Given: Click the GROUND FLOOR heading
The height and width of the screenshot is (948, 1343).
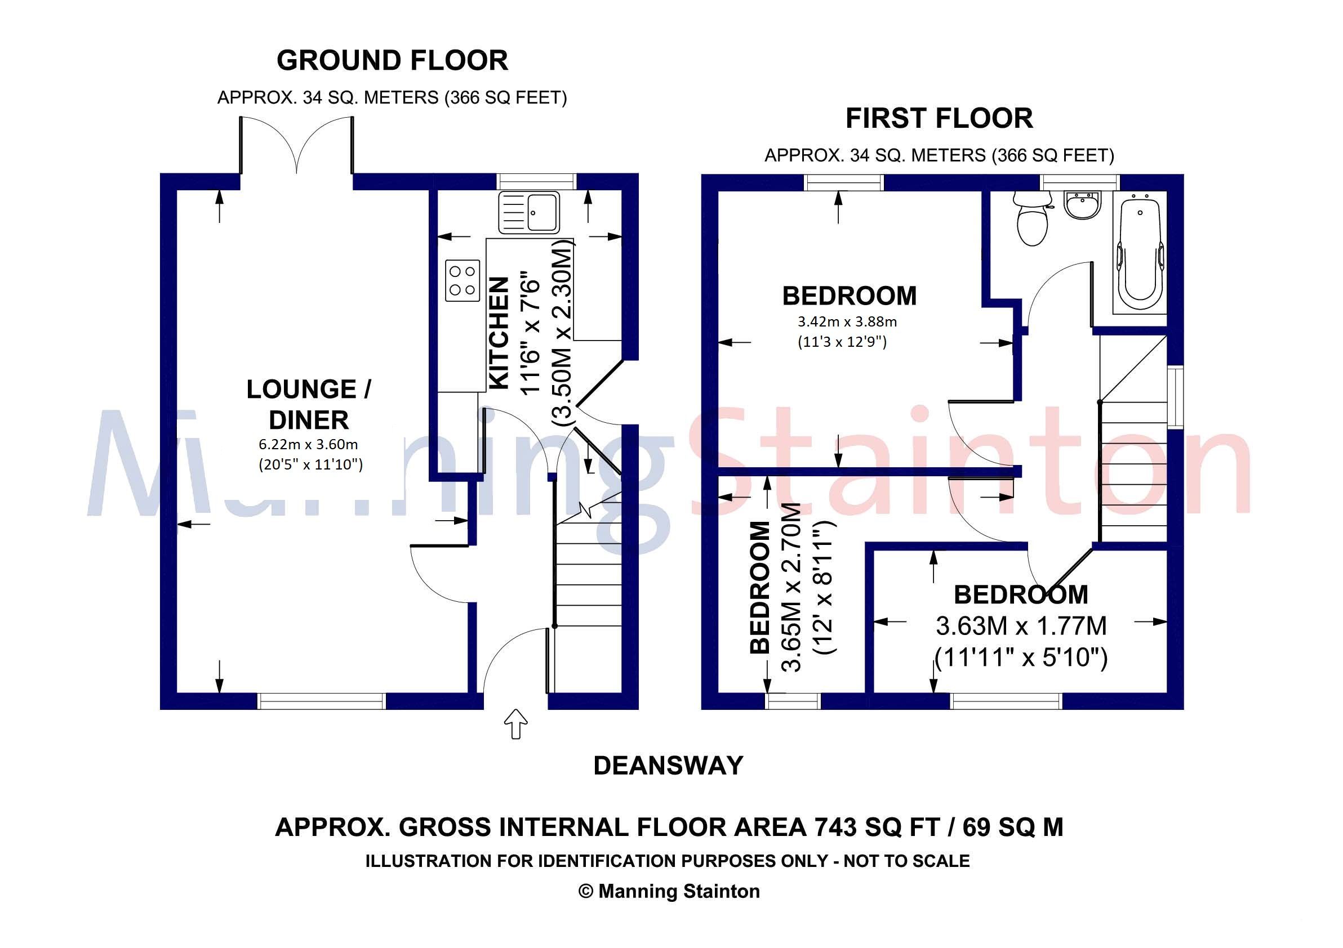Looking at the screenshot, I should coord(392,61).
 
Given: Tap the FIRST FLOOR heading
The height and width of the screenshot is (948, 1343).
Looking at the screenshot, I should coord(939,119).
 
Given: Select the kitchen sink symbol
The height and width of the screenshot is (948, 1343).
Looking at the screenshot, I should coord(529,213).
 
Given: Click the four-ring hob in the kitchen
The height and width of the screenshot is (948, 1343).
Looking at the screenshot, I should coord(462,280).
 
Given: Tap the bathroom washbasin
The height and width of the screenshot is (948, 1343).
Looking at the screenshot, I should coord(1083,205).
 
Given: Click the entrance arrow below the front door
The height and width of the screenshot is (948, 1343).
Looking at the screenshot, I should coord(515,723).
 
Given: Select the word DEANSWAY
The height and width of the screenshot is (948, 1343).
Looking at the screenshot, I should coord(668,766).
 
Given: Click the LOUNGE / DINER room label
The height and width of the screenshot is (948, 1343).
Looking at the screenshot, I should coord(308,404).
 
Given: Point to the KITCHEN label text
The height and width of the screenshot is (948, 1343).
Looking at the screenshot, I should coord(499,333).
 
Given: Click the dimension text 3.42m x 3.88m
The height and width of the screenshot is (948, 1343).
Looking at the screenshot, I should coord(847,322).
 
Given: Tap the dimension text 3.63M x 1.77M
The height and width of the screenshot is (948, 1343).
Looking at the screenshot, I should coord(1021,626).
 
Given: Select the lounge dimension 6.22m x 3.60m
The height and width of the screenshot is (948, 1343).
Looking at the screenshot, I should coord(308,444).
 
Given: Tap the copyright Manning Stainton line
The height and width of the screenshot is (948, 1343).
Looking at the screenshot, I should coord(669,891).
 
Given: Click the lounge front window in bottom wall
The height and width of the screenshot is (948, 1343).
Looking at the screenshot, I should coord(322,701).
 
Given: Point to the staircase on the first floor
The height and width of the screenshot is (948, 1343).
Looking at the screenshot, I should coord(1133,468).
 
